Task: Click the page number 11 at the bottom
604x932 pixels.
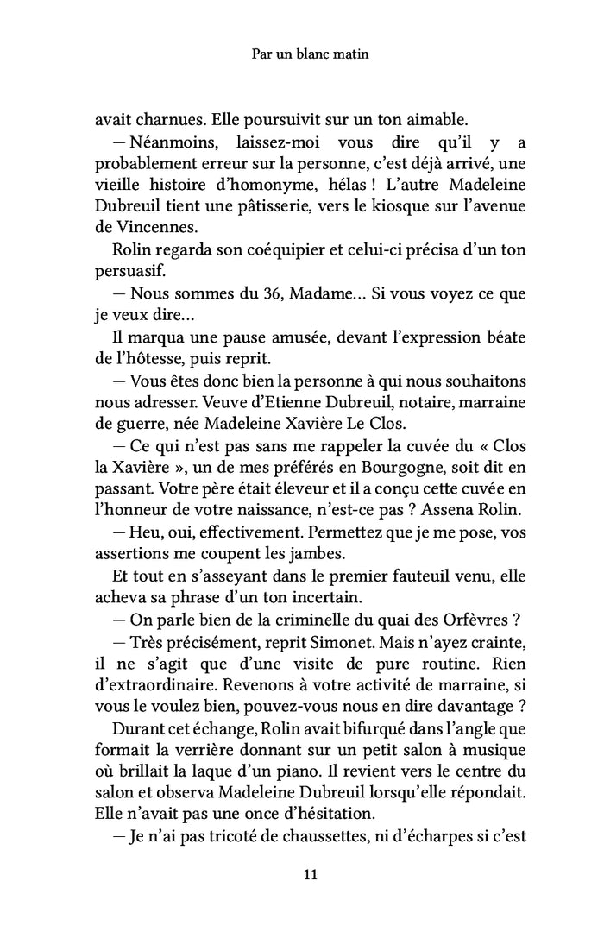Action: tap(311, 874)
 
